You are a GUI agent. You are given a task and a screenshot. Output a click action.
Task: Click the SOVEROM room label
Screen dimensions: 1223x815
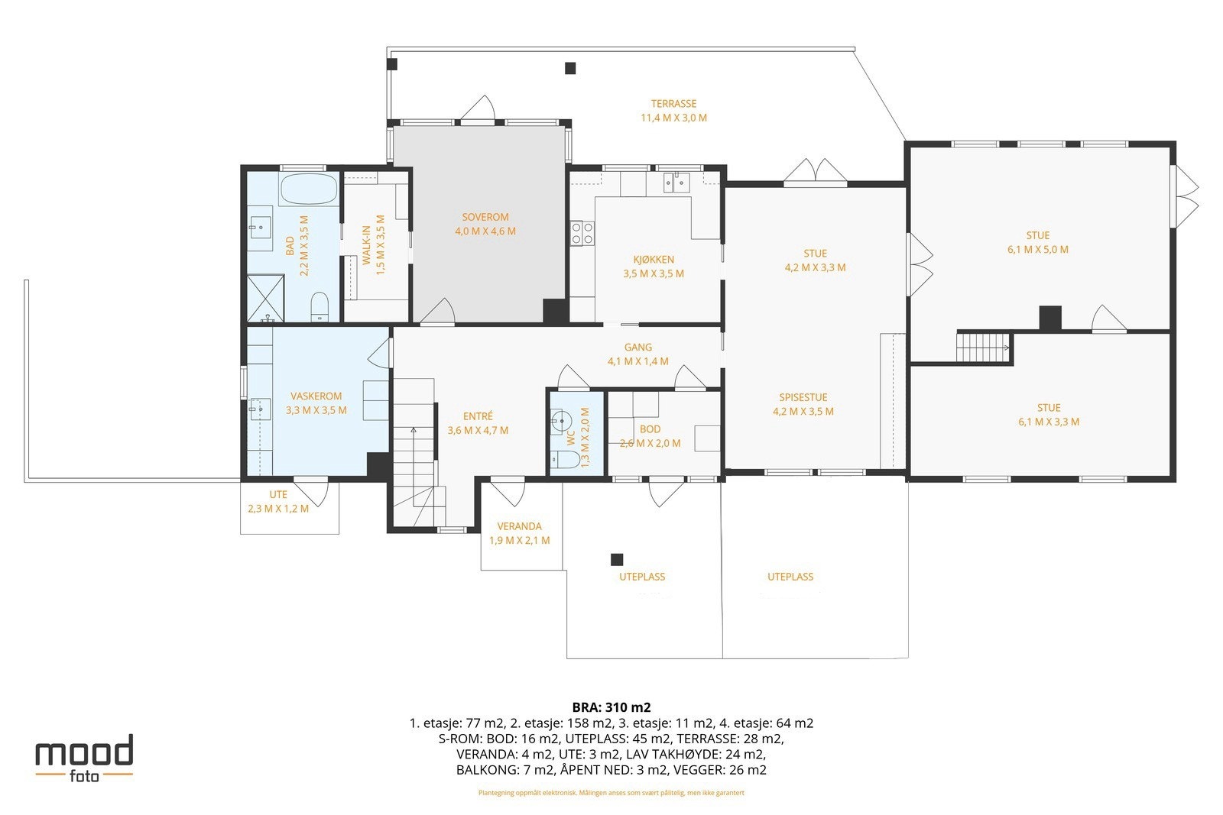[485, 217]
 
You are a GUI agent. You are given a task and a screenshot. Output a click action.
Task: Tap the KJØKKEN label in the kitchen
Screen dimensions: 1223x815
[654, 260]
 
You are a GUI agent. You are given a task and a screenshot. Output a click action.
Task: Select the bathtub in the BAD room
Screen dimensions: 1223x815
[309, 189]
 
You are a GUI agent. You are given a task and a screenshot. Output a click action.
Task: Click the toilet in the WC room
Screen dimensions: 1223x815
[565, 459]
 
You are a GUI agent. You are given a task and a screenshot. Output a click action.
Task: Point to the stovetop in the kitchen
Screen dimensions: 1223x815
[582, 233]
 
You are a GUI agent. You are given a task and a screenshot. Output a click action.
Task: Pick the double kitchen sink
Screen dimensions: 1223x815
[676, 183]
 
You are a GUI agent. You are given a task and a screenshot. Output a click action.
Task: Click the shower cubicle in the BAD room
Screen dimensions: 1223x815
[266, 298]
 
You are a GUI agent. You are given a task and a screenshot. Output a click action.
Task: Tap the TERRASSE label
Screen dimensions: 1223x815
[673, 104]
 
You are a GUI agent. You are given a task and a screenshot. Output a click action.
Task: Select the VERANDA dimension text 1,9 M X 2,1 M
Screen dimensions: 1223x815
[519, 541]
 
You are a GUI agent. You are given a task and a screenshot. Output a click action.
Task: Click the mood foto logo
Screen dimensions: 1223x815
[85, 758]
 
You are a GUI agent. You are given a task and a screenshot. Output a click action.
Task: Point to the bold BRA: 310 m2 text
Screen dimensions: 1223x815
[611, 707]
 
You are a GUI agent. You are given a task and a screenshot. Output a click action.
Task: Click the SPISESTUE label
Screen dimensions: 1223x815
[803, 398]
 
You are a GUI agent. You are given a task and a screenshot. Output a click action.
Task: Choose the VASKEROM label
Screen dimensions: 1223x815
[316, 396]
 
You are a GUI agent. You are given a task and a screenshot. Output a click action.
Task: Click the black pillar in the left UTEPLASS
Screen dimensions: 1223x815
[616, 559]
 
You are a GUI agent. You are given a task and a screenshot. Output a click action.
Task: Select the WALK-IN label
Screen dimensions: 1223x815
[366, 244]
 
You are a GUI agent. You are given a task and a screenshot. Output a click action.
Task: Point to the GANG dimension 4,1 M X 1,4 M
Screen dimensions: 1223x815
[638, 361]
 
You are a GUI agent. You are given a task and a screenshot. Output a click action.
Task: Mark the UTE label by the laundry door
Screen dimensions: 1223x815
[278, 495]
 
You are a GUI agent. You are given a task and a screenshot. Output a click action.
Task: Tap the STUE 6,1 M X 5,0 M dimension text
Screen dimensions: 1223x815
[1038, 250]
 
